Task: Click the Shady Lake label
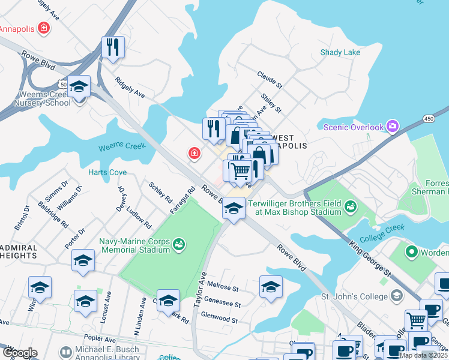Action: click(x=340, y=52)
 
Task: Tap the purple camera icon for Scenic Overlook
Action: click(x=393, y=127)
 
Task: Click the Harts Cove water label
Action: click(x=107, y=172)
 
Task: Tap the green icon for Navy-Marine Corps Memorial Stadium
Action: click(x=178, y=244)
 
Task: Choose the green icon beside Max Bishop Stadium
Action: click(x=351, y=208)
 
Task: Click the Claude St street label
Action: click(x=270, y=78)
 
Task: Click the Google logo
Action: click(x=19, y=353)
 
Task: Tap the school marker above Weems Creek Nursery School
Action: click(x=79, y=86)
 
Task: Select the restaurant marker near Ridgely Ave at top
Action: click(x=112, y=47)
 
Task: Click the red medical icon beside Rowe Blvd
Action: click(x=194, y=154)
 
